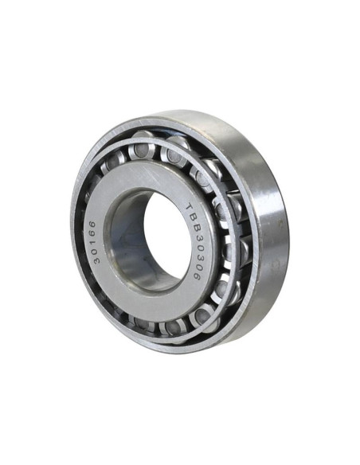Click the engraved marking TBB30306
coord(193,241)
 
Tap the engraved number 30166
coord(96,242)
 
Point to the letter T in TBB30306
coord(190,207)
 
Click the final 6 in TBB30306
coord(197,275)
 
